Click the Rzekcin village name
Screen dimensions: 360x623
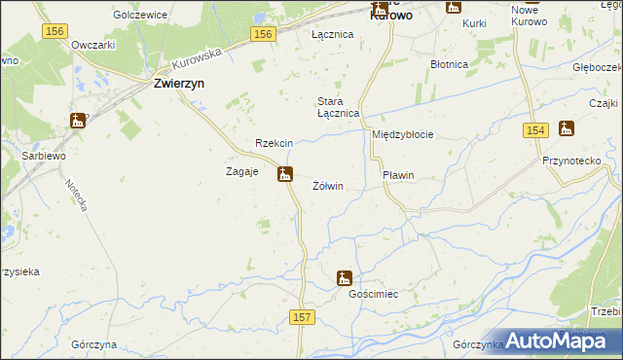coord(274,143)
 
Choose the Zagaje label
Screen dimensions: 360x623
coord(241,171)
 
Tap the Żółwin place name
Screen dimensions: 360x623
coord(328,185)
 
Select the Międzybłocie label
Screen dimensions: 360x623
coord(402,134)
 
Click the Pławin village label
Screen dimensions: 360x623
coord(398,175)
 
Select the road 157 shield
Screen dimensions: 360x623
coord(302,318)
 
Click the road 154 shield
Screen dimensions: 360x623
coord(533,130)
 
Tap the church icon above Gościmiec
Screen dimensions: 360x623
coord(345,278)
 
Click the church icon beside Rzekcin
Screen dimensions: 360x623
coord(285,175)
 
